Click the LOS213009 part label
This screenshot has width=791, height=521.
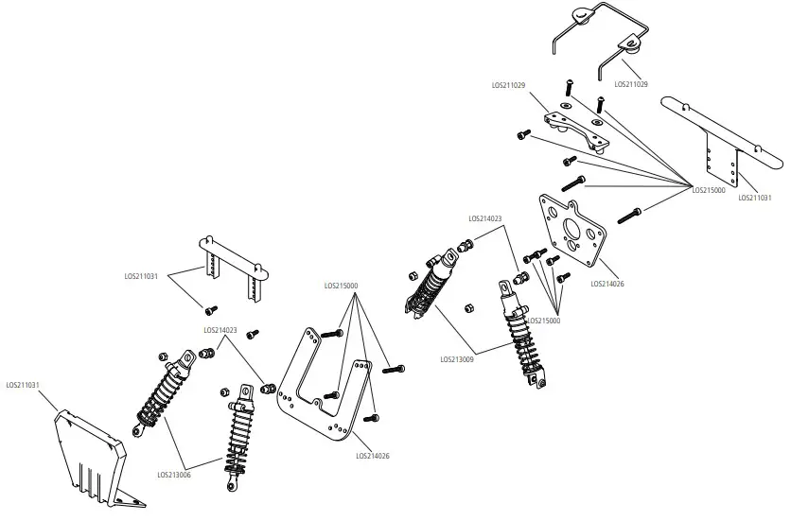457,359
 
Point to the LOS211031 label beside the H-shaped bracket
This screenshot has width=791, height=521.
141,277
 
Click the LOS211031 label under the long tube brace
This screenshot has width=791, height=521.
754,198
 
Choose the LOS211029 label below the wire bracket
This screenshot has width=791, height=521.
631,84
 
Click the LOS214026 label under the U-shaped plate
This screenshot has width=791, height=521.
373,456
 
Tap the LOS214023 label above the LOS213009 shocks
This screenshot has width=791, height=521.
484,217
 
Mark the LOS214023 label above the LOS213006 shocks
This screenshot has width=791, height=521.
220,330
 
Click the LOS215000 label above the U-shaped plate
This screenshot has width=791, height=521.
341,285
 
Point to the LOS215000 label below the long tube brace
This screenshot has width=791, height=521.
709,190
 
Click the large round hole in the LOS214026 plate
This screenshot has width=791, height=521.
572,231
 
